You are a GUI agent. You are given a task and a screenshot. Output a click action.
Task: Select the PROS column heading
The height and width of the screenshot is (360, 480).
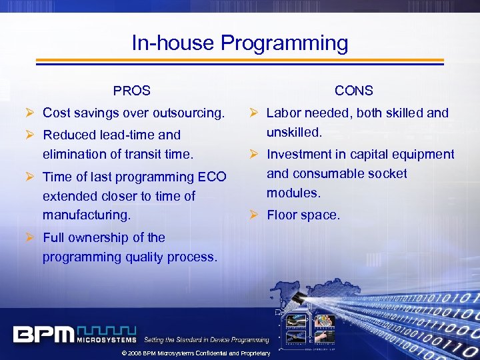131,91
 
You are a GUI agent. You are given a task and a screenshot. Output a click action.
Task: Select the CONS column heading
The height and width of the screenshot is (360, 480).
353,91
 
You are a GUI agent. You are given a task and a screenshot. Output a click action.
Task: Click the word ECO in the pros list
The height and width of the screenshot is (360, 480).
212,177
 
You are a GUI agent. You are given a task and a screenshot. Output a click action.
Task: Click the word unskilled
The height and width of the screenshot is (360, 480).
294,133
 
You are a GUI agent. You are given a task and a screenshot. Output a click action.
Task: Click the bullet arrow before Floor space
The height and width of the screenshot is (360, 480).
255,215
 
